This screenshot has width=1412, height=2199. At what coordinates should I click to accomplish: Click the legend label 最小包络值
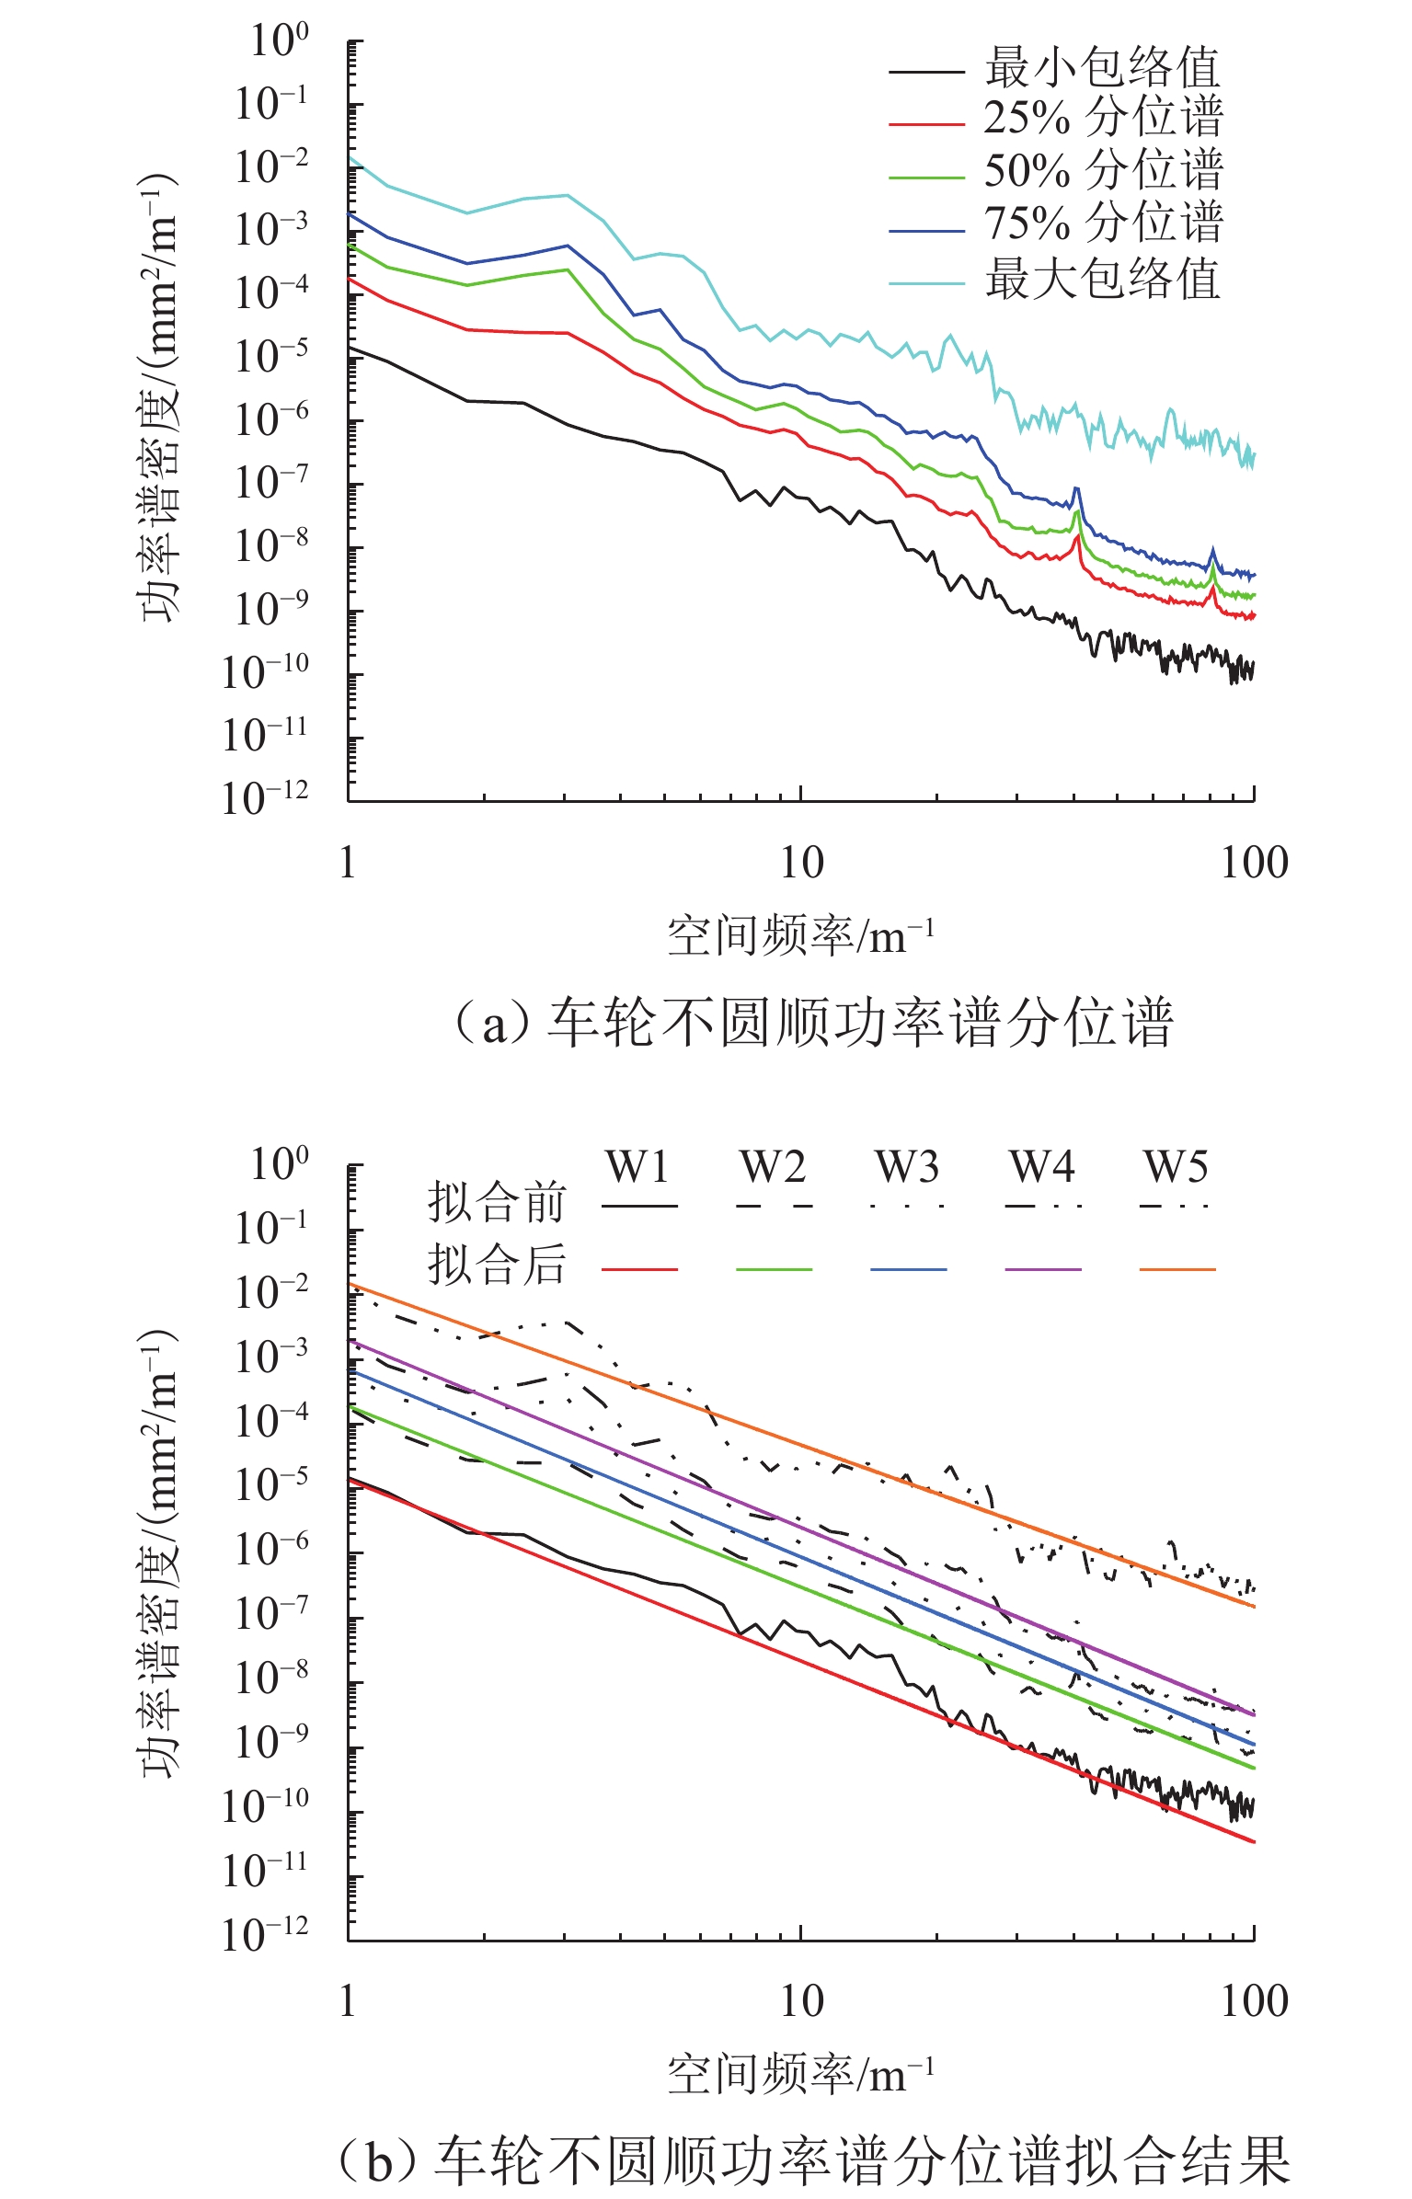point(1102,68)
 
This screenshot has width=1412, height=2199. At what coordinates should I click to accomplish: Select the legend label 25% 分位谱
point(1102,119)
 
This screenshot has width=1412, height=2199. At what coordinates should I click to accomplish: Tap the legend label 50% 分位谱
point(1102,171)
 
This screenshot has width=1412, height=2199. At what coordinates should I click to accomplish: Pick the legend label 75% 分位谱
point(1102,223)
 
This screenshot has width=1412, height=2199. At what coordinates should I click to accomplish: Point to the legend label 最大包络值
point(1102,280)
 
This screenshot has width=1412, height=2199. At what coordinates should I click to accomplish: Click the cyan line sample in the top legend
point(925,283)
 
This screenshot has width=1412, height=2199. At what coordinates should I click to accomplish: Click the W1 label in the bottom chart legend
point(638,1168)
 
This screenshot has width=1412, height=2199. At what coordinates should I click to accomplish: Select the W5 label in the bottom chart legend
point(1176,1168)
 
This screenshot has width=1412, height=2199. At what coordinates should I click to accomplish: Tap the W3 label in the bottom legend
point(907,1168)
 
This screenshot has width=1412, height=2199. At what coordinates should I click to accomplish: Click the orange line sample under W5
point(1177,1270)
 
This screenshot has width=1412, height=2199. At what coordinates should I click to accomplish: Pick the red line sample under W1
point(639,1270)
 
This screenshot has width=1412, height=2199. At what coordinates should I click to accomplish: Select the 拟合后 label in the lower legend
point(497,1265)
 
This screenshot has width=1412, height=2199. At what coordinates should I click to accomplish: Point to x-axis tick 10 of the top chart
point(801,864)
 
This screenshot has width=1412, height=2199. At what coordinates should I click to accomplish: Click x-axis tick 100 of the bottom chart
point(1254,2002)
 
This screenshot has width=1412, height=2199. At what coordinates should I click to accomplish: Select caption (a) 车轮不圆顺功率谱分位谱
point(813,1023)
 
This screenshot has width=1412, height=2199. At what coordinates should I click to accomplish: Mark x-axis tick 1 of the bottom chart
point(348,2002)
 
